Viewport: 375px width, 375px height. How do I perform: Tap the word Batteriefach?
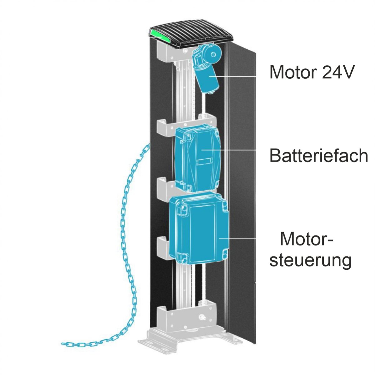[319, 155]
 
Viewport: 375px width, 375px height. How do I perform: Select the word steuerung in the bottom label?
[310, 261]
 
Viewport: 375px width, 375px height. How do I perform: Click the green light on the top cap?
[160, 35]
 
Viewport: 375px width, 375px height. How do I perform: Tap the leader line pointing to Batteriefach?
[228, 150]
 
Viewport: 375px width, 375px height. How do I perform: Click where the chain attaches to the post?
[149, 145]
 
